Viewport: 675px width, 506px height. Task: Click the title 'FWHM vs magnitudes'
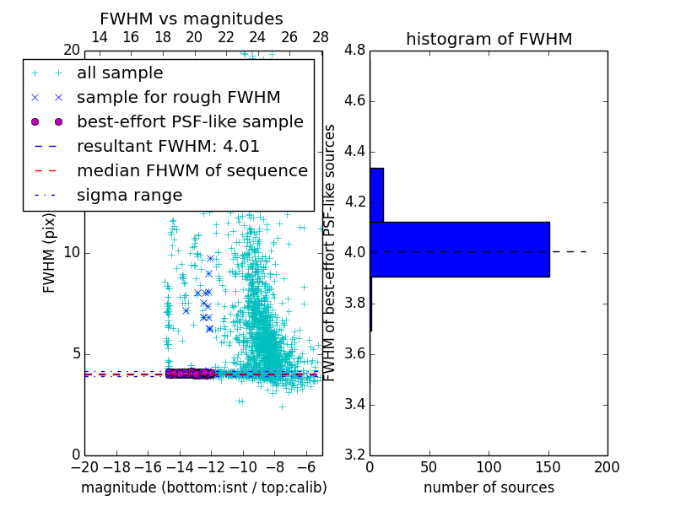(192, 19)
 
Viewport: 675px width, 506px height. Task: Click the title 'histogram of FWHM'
(489, 39)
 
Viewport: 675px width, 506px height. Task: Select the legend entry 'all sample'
(120, 73)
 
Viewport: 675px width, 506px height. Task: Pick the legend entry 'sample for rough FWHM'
(178, 98)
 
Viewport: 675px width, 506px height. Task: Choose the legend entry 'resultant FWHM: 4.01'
(168, 147)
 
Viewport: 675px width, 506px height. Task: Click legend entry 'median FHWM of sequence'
(192, 171)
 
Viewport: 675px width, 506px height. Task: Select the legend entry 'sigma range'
(129, 196)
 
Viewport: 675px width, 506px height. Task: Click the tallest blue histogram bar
(460, 250)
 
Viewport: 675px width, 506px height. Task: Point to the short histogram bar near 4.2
(376, 195)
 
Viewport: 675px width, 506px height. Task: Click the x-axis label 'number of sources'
(489, 487)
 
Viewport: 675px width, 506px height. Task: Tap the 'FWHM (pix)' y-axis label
(50, 253)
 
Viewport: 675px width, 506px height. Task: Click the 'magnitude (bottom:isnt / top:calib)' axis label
(203, 487)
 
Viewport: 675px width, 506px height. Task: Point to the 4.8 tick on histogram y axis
(354, 51)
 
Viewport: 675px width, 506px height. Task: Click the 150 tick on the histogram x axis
(548, 466)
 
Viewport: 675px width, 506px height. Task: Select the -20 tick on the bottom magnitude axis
(84, 466)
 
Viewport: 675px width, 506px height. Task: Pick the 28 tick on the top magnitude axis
(321, 38)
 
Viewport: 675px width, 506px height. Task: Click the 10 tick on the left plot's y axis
(72, 253)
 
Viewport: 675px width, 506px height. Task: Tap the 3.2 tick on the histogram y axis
(354, 455)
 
